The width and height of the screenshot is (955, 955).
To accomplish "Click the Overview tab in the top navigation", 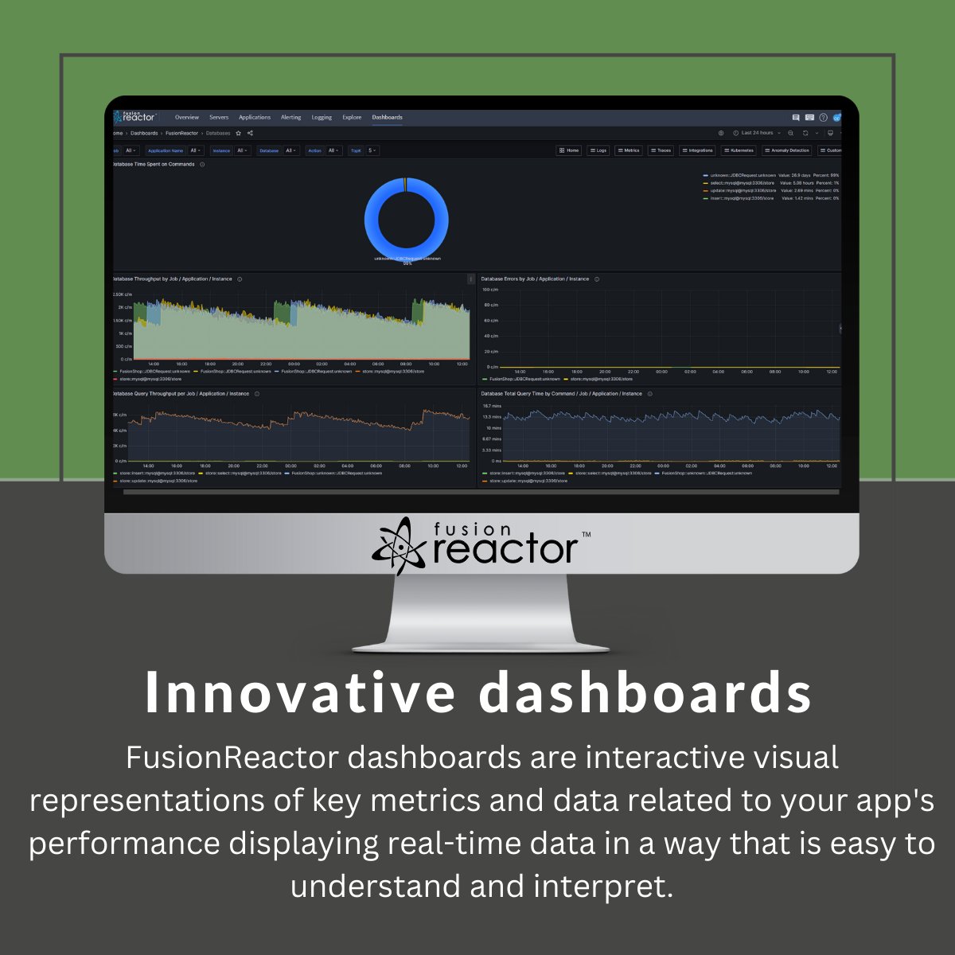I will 187,117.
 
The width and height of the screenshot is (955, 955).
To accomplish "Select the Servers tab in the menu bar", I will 219,117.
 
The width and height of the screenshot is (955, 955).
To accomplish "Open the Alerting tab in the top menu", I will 290,117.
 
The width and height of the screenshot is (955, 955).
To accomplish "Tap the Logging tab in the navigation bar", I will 322,117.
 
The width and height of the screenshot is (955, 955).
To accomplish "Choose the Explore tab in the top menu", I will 352,117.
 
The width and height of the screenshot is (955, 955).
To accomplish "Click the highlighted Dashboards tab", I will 387,117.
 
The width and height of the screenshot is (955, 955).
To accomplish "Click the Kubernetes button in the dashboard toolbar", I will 739,150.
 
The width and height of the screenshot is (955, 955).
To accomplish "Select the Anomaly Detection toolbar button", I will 786,150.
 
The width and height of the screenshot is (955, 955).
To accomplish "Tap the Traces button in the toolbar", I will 661,150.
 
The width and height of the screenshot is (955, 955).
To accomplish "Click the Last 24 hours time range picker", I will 757,133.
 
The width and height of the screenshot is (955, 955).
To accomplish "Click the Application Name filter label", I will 166,150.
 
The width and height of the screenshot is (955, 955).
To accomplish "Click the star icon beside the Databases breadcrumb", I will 238,133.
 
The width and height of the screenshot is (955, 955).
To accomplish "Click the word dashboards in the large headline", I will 645,693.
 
